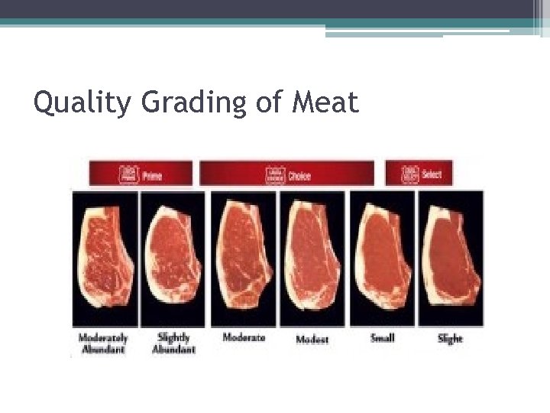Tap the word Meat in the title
pos(325,102)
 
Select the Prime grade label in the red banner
pos(150,174)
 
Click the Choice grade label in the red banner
pos(299,175)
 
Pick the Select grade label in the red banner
pos(432,174)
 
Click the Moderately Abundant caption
pos(103,343)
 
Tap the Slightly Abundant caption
pos(173,343)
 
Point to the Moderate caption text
pos(244,337)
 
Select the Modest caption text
pos(312,338)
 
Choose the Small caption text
pos(382,337)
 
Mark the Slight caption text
pos(451,338)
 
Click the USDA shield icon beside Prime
pos(128,174)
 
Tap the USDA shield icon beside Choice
pos(275,175)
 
